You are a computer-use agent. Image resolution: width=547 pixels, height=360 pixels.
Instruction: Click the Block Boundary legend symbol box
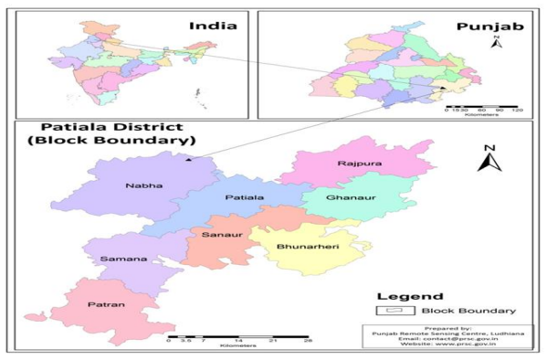click(x=386, y=312)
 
